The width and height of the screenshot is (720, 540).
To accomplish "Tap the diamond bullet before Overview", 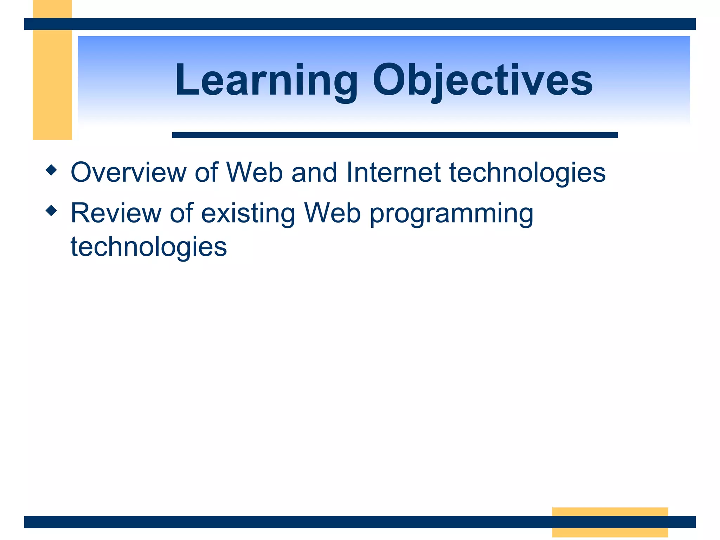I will (x=51, y=170).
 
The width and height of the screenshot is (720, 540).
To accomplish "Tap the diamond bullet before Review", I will (x=51, y=211).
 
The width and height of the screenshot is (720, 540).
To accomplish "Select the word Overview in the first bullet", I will (x=129, y=172).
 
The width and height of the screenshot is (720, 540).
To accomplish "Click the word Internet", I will (x=393, y=172).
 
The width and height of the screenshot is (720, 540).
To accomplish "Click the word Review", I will (x=116, y=213).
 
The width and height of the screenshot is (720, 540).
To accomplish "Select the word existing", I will (x=248, y=213).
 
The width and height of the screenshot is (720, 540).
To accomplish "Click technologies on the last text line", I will (x=149, y=247).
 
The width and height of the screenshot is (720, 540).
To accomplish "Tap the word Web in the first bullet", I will (x=255, y=172).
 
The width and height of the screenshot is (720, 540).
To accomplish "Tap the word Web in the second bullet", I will (x=332, y=213).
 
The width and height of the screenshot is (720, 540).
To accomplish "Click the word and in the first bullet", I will (x=314, y=172).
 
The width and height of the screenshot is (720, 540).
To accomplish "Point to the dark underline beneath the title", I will (x=394, y=135).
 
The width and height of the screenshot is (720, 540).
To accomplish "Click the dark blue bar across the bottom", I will (x=281, y=522).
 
